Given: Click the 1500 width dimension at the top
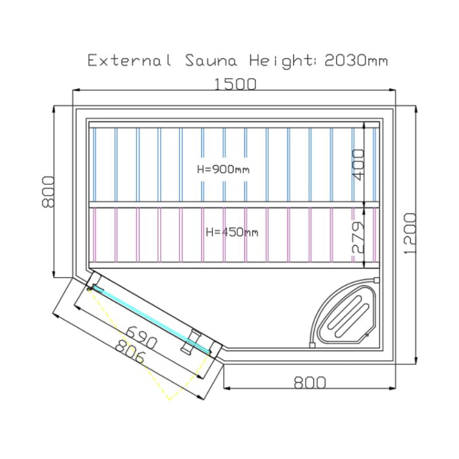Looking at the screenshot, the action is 235,84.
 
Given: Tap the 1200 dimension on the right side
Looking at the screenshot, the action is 410,234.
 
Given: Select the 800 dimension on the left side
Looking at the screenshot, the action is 48,192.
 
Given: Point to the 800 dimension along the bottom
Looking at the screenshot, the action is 310,382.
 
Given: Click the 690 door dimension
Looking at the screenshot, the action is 142,337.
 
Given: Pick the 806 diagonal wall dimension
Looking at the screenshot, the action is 130,352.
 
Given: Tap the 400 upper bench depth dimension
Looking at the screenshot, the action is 358,165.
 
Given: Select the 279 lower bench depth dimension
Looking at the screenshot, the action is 358,237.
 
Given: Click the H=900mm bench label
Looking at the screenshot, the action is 223,169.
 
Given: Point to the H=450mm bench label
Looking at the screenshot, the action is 232,232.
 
